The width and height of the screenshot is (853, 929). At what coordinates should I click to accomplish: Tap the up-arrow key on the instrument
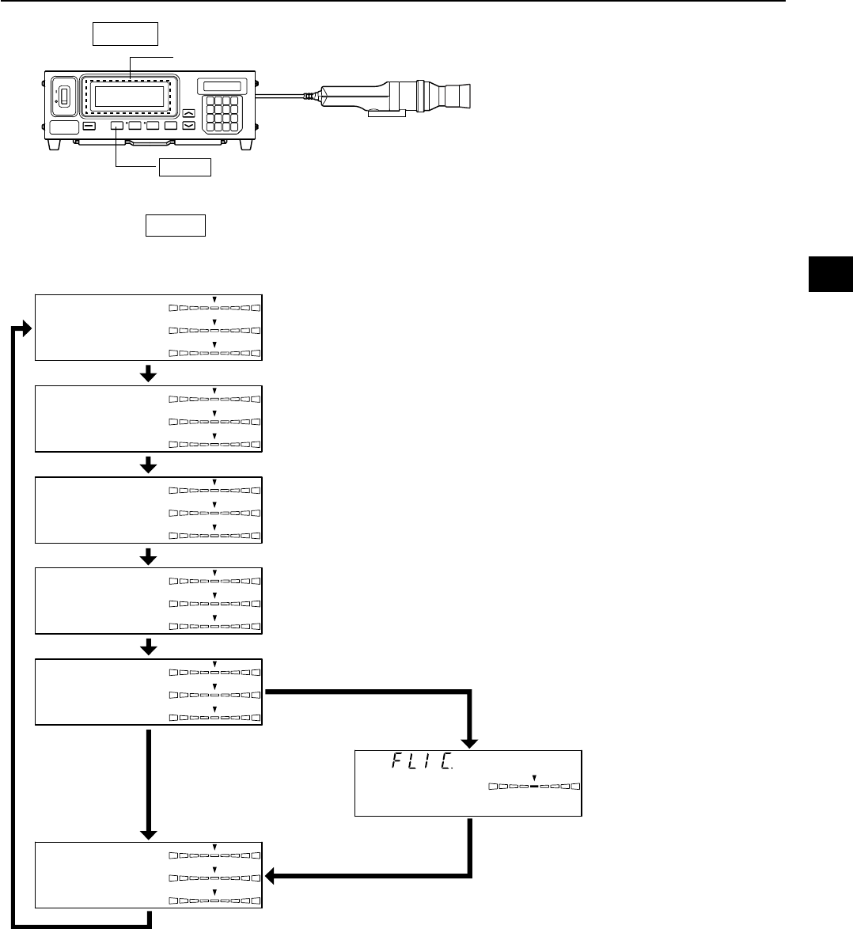188,112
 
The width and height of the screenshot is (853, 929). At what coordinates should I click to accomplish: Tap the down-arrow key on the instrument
188,126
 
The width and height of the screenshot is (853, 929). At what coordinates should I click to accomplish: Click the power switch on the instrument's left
65,100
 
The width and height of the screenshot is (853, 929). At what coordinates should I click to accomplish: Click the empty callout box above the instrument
126,35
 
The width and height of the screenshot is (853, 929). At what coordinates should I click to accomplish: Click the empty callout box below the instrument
184,166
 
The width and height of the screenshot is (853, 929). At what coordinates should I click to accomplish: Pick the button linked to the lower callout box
116,126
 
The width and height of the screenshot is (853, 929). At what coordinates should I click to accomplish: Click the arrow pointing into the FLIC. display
471,742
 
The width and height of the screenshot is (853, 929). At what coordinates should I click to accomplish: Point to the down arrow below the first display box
148,374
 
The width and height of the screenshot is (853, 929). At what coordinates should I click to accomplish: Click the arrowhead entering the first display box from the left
28,328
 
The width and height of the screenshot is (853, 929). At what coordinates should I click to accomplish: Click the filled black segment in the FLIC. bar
533,787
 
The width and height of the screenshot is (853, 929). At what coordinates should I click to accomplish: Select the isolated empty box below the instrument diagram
175,225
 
